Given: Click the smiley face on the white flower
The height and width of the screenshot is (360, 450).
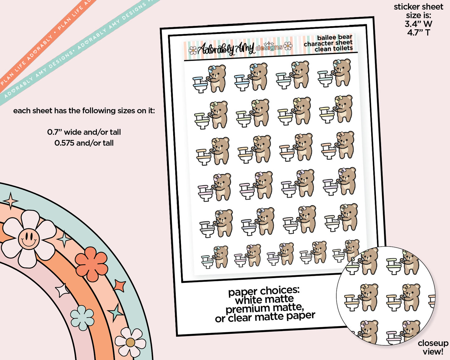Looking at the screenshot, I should coord(29,239).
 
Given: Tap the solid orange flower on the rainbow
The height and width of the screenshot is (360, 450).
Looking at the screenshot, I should coord(92,264).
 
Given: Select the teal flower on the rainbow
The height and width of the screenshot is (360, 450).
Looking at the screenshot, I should coord(82,318).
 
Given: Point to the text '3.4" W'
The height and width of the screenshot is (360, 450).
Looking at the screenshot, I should coord(418,24).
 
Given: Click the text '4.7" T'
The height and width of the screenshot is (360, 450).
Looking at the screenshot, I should coord(418,32).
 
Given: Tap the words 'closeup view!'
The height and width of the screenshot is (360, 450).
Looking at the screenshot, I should coord(433,347).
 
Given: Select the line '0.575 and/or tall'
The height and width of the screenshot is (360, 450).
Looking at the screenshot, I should coord(84,143).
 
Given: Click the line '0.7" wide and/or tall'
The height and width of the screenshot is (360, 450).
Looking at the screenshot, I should coord(84,132).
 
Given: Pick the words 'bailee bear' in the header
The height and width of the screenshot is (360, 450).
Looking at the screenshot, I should coord(334,38).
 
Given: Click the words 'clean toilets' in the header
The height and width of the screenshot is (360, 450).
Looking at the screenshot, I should coord(334,49).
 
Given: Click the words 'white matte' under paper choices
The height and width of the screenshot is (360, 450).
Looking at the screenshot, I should coord(264,300).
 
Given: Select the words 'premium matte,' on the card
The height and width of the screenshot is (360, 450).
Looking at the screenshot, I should coord(265,309).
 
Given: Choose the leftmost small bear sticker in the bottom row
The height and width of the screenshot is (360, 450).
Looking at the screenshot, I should coord(215,257).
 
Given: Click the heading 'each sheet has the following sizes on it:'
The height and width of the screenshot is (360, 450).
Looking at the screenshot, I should coord(84,111).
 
